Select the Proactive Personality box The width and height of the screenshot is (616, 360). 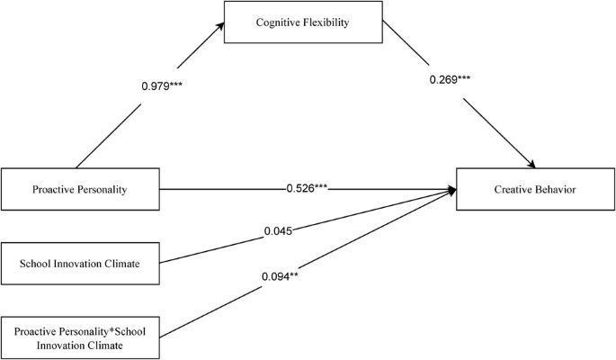(x=80, y=190)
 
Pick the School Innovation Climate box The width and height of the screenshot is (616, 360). (x=80, y=264)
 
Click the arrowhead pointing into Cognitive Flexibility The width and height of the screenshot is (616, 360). (x=220, y=30)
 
